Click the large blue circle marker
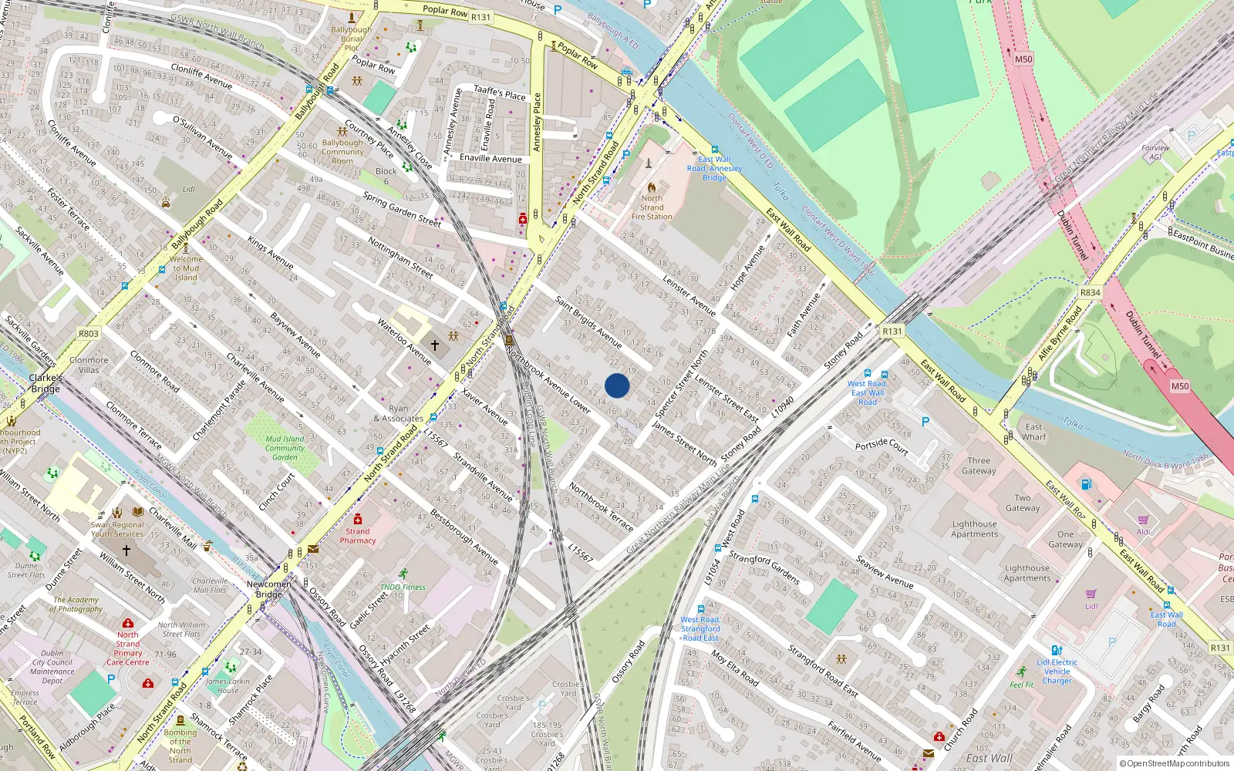click(x=617, y=385)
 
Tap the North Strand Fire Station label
click(x=652, y=207)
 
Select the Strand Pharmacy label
click(x=358, y=536)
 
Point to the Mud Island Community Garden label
click(x=285, y=448)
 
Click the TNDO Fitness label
click(x=403, y=587)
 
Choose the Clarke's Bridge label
click(x=46, y=383)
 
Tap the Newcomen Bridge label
click(x=269, y=589)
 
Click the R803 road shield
click(x=89, y=334)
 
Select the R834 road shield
click(x=1090, y=293)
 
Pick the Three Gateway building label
click(x=979, y=466)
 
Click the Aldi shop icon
click(x=1143, y=520)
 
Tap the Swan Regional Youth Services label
click(x=117, y=529)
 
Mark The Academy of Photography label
click(x=76, y=604)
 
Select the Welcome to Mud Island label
click(x=186, y=268)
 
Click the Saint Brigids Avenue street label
click(x=588, y=322)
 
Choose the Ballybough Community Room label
click(x=342, y=151)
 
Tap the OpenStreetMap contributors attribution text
click(x=1174, y=764)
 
